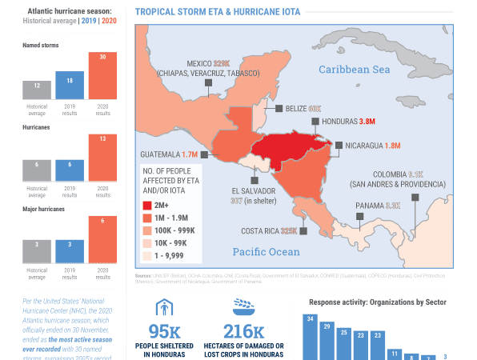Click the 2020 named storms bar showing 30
point(102,76)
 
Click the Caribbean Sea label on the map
point(354,70)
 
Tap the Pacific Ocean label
point(266,252)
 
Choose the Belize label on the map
point(303,108)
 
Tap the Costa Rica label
point(269,231)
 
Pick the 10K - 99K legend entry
point(170,242)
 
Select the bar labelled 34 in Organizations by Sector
point(310,336)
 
